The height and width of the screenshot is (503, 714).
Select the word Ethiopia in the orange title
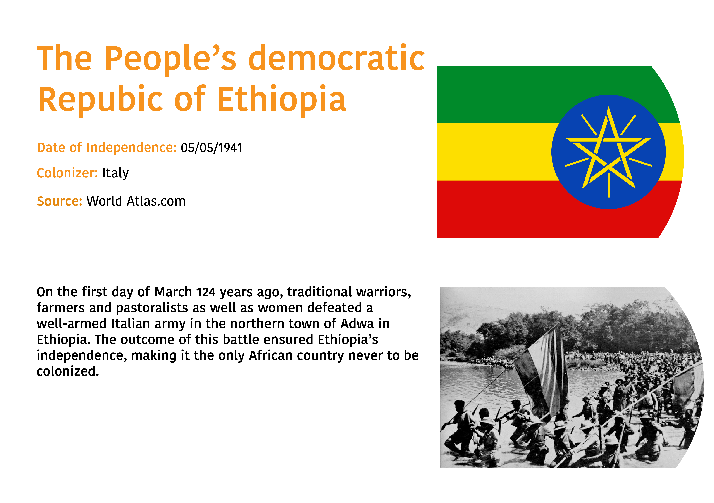click(282, 99)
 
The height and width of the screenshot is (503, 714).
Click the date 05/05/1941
click(211, 148)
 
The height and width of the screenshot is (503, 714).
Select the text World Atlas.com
click(136, 201)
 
